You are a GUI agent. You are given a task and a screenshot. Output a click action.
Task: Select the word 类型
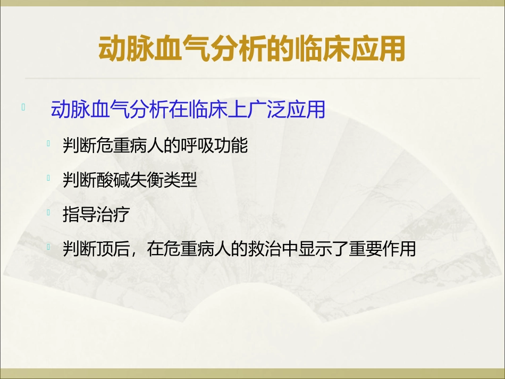point(180,181)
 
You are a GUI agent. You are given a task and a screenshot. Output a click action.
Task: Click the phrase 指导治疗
point(96,215)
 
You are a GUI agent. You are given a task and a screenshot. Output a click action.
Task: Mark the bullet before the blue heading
point(23,107)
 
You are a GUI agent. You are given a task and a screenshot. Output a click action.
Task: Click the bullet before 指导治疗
point(49,213)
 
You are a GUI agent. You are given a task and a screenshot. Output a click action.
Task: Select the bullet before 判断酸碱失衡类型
point(49,178)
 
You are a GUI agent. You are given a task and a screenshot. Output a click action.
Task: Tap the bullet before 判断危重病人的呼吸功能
point(49,143)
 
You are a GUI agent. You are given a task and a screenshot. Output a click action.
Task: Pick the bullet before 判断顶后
point(49,247)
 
